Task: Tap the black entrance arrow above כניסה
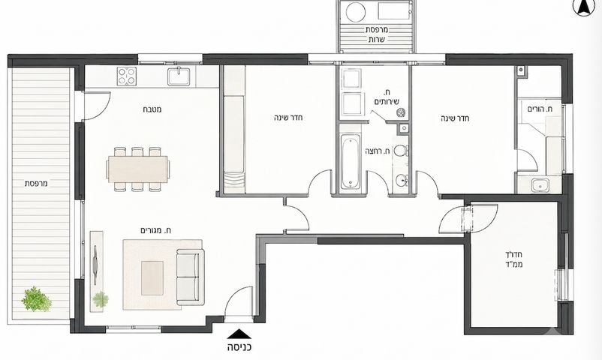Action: tap(239, 334)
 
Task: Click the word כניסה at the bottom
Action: tap(239, 348)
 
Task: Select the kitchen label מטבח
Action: tap(152, 109)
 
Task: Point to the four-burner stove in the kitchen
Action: tap(127, 76)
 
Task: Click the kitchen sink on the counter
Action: tap(179, 76)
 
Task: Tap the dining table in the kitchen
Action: tap(138, 169)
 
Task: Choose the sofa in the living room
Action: tap(191, 277)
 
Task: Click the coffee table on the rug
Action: tap(152, 277)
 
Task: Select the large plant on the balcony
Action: tap(37, 299)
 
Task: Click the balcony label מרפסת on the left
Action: tap(36, 184)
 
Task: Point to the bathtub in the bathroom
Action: tap(351, 161)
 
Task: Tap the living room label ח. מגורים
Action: tap(156, 230)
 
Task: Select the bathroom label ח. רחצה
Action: tap(378, 151)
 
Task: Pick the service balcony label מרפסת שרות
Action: tap(377, 34)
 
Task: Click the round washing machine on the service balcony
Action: tap(356, 11)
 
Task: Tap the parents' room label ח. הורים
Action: tap(540, 109)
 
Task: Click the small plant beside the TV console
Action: tap(101, 299)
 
